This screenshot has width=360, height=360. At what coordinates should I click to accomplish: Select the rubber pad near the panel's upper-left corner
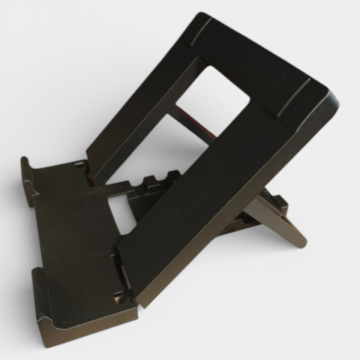tap(202, 31)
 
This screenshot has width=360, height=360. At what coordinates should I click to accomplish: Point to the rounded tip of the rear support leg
tap(299, 241)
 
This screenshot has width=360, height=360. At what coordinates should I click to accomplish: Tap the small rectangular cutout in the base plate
tap(119, 214)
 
